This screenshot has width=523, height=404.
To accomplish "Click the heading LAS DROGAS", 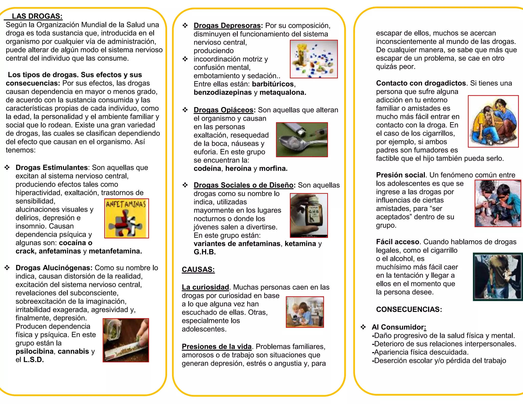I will (37, 16).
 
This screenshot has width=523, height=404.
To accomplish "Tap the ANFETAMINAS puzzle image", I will (127, 218).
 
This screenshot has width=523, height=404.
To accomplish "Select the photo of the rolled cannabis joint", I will (126, 340).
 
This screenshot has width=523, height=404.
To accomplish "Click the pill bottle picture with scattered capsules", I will (314, 59).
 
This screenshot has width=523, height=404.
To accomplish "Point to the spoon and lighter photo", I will (302, 140).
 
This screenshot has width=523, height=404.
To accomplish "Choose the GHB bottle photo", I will (309, 215).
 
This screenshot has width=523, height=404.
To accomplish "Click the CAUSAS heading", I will (198, 269).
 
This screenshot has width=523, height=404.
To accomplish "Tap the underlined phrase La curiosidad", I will (205, 287).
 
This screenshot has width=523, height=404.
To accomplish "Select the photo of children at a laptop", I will (305, 312).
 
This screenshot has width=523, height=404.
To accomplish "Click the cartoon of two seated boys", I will (493, 121).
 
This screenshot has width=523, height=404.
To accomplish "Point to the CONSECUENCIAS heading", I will (409, 309).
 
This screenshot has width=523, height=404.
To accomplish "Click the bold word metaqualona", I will (283, 92).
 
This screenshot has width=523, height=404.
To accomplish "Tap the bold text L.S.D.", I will (34, 360).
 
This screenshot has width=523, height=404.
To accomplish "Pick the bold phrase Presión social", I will (400, 175).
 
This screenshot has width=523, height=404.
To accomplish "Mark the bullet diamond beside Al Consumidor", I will (363, 327).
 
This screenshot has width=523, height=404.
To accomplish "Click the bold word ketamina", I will (300, 244).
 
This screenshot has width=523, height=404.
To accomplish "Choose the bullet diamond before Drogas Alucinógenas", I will (7, 268).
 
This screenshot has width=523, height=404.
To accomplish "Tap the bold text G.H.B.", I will (205, 252).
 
